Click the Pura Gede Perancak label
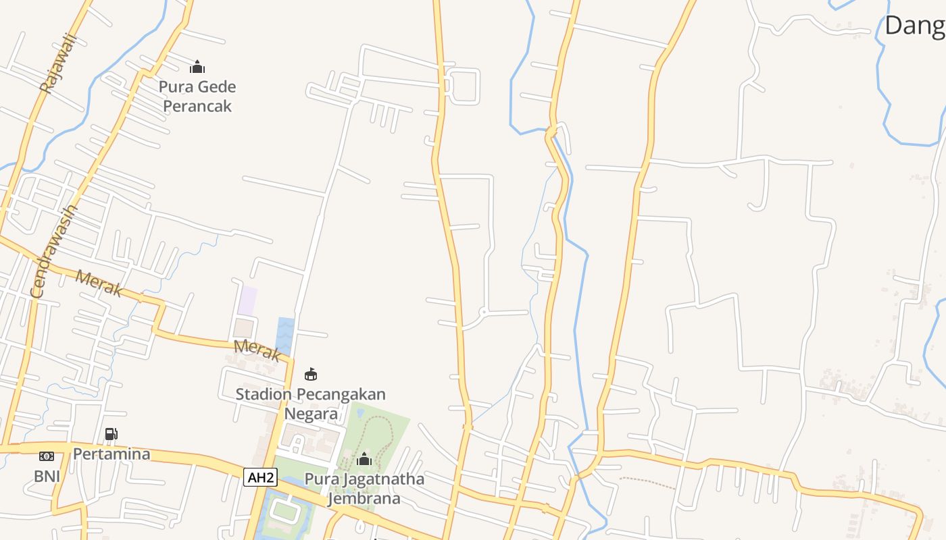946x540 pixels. [x=197, y=97]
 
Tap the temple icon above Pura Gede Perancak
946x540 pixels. [x=197, y=67]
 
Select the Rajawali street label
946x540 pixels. [x=58, y=63]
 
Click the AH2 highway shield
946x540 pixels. [x=261, y=478]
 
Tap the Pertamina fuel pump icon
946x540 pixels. [x=111, y=433]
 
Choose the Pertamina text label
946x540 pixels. [x=111, y=454]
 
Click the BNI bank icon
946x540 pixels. [x=47, y=456]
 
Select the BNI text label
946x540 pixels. [x=47, y=477]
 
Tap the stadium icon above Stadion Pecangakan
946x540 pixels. [x=311, y=374]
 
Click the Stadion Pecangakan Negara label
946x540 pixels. [x=311, y=403]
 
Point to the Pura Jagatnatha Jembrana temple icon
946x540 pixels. [x=364, y=460]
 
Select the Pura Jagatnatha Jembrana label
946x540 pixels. [x=364, y=489]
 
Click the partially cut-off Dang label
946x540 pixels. [x=914, y=26]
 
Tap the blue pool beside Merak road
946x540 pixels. [x=286, y=335]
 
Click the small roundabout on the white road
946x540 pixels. [x=483, y=313]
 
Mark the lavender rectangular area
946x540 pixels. [x=247, y=300]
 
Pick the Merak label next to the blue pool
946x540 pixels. [x=257, y=350]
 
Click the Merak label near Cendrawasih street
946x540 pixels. [x=99, y=283]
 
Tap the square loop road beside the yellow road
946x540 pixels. [x=464, y=86]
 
